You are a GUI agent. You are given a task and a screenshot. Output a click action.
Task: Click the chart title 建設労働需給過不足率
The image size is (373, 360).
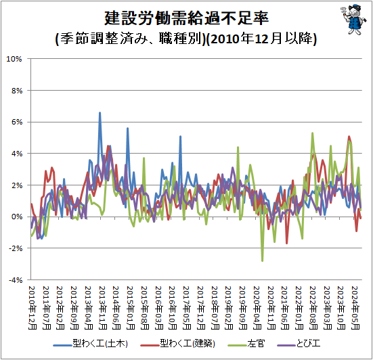coord(187,18)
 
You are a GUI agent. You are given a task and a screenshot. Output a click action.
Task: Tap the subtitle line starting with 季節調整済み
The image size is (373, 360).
coord(186,39)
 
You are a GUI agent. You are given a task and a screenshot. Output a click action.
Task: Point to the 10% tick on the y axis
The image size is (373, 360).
coord(14,59)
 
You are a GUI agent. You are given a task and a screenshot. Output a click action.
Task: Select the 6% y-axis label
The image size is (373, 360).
coord(17,122)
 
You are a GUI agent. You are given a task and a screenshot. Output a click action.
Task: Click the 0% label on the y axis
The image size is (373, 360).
coord(17,217)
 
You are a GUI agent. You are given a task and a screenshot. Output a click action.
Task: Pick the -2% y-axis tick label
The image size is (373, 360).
coord(16,248)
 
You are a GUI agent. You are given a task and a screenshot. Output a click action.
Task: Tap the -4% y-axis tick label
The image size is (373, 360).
coord(16,280)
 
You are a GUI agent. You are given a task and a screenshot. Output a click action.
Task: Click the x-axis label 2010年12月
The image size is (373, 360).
coord(32,308)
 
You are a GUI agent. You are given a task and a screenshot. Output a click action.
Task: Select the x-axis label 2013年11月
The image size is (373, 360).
coord(102,308)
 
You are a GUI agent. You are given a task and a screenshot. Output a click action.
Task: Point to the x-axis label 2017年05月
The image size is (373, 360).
coord(187,308)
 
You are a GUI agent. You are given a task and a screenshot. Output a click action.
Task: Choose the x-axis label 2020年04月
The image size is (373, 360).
coord(257,308)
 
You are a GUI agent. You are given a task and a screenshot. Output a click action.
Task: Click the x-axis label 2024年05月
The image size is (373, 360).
coord(355,308)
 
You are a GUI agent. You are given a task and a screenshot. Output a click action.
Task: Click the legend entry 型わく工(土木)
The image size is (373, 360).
coord(91,344)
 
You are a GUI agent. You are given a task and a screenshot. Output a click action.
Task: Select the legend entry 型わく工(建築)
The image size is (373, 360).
coord(177,344)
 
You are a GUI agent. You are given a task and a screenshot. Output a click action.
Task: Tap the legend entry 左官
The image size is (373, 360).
coord(246,344)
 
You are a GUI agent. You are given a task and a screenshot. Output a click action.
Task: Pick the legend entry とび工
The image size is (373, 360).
coord(299,344)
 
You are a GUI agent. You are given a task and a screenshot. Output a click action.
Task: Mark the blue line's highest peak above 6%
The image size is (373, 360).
coord(100,112)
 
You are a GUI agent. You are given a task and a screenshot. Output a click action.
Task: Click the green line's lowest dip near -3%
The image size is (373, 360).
coord(263,261)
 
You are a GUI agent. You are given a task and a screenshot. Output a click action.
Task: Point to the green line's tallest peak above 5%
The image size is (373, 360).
coord(312,133)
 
